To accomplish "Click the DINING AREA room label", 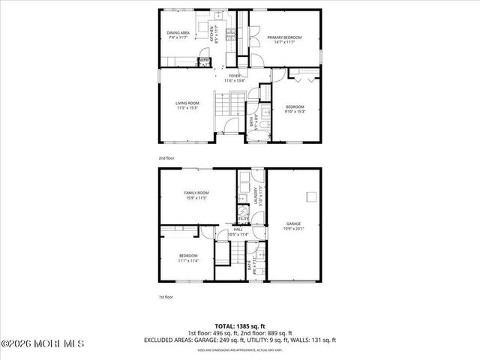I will pyautogui.click(x=183, y=34).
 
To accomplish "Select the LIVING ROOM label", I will pyautogui.click(x=187, y=103).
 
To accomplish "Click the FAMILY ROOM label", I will pyautogui.click(x=196, y=193).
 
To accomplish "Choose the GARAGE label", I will pyautogui.click(x=292, y=223).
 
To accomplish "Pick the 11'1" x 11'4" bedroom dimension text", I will pyautogui.click(x=187, y=261).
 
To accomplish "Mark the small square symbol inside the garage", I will pyautogui.click(x=308, y=196).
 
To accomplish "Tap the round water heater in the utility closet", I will pyautogui.click(x=244, y=212).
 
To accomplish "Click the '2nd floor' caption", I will pyautogui.click(x=166, y=158).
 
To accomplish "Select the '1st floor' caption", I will pyautogui.click(x=166, y=298).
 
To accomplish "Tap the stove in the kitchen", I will pyautogui.click(x=232, y=34).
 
